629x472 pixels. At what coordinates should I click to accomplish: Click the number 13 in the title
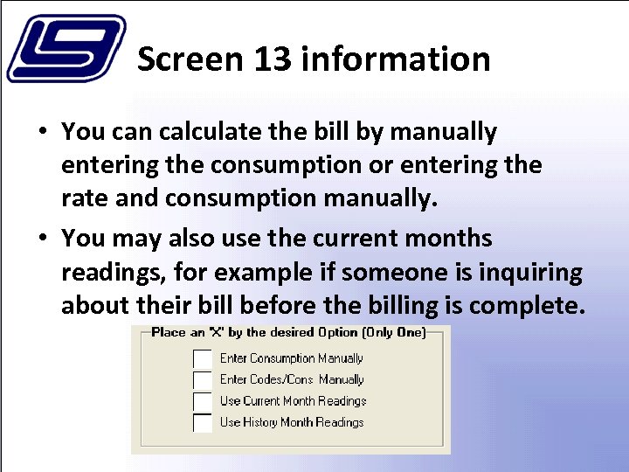pos(273,59)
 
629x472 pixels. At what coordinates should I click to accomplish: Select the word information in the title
pos(395,59)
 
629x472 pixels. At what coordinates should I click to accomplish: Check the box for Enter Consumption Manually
pos(203,358)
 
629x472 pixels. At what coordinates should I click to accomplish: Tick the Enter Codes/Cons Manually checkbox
pos(203,380)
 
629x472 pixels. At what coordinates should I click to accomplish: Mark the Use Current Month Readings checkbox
pos(203,401)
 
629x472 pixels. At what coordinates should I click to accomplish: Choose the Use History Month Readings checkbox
pos(203,423)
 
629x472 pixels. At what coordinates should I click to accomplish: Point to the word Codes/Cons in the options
pos(282,379)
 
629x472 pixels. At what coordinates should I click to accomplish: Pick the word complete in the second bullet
pos(536,307)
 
